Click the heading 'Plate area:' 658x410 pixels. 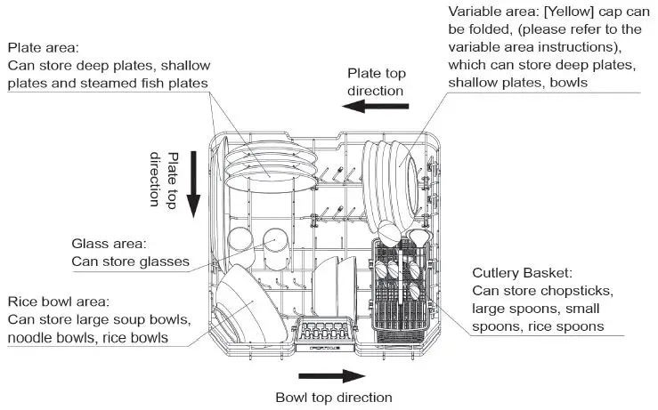44,47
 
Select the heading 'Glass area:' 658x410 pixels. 109,243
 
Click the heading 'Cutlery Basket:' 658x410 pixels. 522,272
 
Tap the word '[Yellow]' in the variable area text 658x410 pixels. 566,12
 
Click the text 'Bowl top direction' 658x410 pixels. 333,398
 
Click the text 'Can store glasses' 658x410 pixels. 131,261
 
